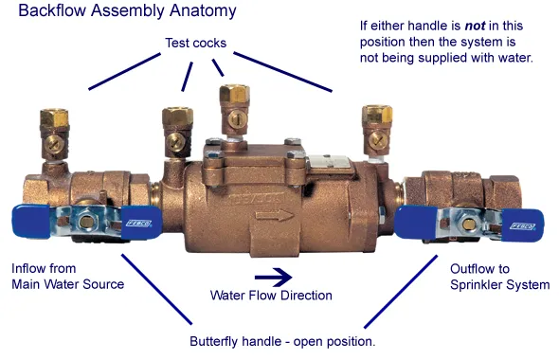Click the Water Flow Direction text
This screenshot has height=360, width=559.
pos(271,296)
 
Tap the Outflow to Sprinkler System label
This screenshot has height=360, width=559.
pos(499,277)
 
